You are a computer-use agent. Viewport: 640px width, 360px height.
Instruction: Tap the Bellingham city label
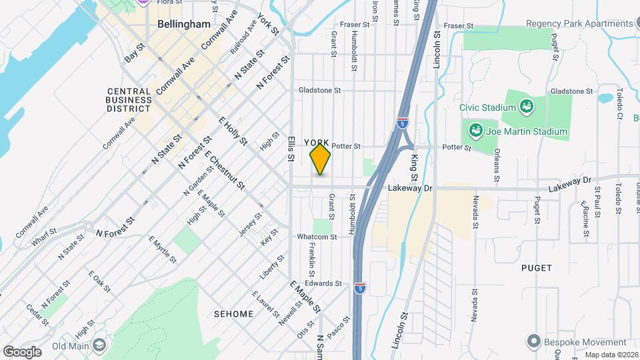click(184, 24)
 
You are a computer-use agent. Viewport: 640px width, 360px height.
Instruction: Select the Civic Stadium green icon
click(526, 107)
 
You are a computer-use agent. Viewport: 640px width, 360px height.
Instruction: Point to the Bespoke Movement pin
click(533, 341)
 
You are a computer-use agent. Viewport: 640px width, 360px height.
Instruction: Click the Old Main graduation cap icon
click(99, 345)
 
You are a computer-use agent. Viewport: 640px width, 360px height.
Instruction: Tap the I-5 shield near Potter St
click(403, 123)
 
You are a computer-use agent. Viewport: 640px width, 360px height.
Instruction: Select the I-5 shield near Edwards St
click(360, 287)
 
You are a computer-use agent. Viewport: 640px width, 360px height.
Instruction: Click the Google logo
click(22, 352)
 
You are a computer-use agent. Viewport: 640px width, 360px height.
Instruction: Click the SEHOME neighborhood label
click(233, 313)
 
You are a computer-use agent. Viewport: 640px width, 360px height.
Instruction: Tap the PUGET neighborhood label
click(537, 268)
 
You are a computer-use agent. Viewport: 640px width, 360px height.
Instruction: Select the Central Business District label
click(129, 99)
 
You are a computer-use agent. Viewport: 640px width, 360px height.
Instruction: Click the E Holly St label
click(233, 131)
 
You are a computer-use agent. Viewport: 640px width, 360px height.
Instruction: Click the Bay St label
click(135, 53)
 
